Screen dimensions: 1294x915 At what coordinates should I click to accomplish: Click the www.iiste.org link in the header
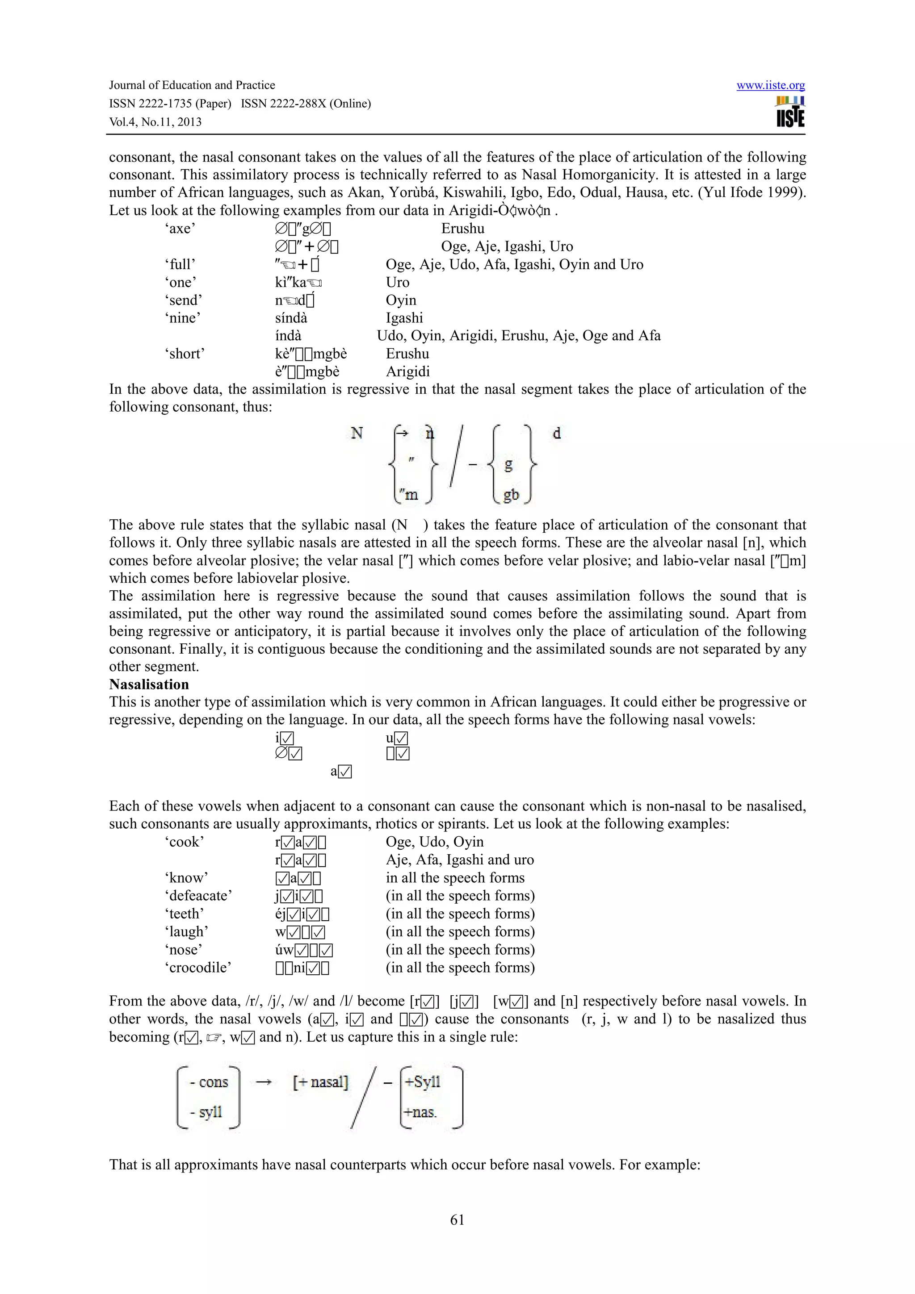pyautogui.click(x=770, y=85)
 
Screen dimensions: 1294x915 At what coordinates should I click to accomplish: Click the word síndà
pyautogui.click(x=291, y=318)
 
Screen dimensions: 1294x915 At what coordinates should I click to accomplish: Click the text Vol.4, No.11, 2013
pyautogui.click(x=155, y=122)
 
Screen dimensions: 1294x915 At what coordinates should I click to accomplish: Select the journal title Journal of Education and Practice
pyautogui.click(x=192, y=85)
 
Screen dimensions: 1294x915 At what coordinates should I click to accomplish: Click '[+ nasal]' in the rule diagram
pyautogui.click(x=320, y=1082)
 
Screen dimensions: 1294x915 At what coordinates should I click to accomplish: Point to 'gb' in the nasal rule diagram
pyautogui.click(x=511, y=495)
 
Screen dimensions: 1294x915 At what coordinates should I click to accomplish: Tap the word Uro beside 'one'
pyautogui.click(x=398, y=282)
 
